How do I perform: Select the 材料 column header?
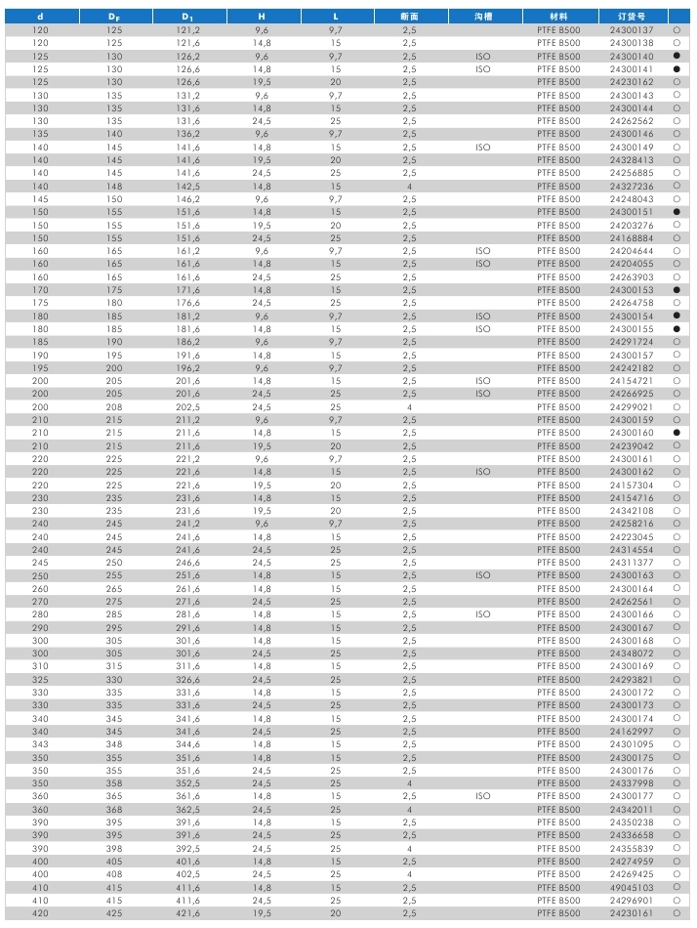(x=558, y=17)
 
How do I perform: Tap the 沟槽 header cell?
(x=483, y=17)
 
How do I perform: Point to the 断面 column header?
(x=409, y=17)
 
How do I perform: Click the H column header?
(x=262, y=17)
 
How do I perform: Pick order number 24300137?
(x=632, y=30)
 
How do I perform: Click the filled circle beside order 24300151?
(x=676, y=212)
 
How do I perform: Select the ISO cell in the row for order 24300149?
(x=483, y=148)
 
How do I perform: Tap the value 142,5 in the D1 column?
(x=187, y=186)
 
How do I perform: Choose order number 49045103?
(x=632, y=887)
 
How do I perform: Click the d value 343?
(x=40, y=744)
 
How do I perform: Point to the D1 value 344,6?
(x=187, y=744)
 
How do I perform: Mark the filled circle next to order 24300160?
(x=676, y=433)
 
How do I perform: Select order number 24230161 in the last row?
(x=632, y=913)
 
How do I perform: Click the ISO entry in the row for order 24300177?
(x=483, y=796)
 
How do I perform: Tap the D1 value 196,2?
(x=187, y=368)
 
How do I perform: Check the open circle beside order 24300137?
(x=676, y=30)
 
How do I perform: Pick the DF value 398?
(x=114, y=848)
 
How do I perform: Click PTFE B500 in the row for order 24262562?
(x=558, y=121)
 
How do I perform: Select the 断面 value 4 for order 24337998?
(x=409, y=783)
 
